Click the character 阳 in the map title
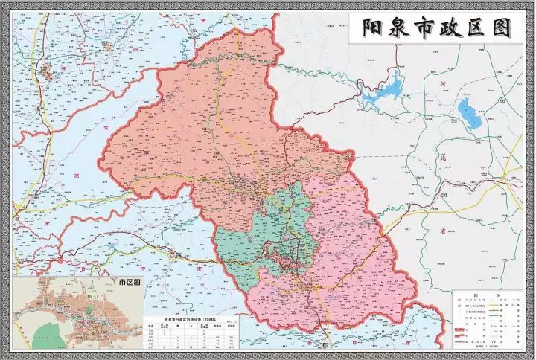tap(373, 29)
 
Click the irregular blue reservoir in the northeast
tap(383, 86)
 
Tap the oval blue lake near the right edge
tap(470, 113)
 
